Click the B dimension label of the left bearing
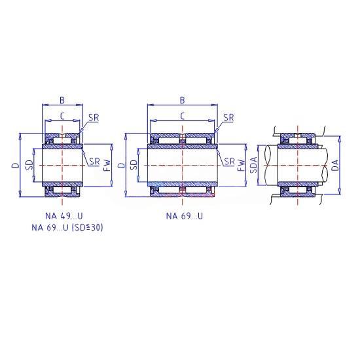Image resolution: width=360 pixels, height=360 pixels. click(62, 100)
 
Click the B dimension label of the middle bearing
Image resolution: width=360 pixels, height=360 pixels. click(182, 100)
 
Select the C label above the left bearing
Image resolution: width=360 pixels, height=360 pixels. click(62, 117)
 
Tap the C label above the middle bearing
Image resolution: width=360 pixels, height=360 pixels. click(182, 117)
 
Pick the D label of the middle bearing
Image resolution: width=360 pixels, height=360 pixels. click(122, 165)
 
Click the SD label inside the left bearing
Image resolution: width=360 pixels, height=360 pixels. click(29, 165)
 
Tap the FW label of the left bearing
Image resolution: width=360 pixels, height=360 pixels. click(107, 166)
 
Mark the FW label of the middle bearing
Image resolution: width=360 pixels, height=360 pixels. click(241, 166)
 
